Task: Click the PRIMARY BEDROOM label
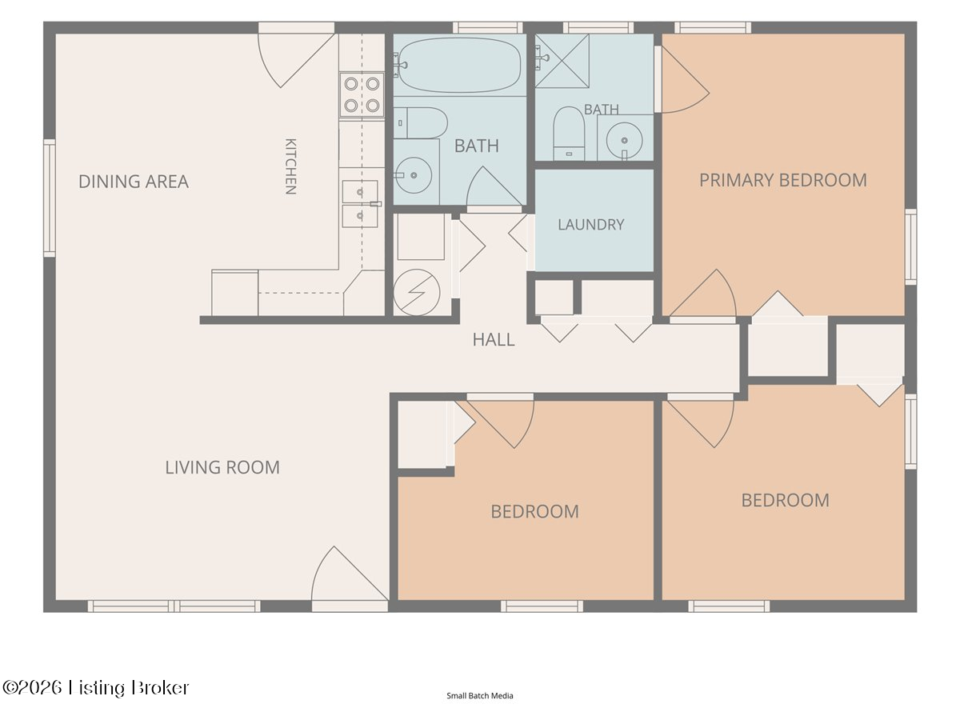coord(783,180)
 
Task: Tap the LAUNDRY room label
coord(591,225)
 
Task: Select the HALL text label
coord(494,340)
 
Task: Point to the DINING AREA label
coord(134,182)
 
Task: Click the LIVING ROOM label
coord(222,467)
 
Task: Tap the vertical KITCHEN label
coord(291,166)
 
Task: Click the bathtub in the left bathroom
coord(458,65)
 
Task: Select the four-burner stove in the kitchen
coord(362,94)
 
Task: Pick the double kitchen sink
coord(360,204)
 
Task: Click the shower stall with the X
coord(562,62)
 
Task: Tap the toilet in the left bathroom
coord(420,123)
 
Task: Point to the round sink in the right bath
coord(624,141)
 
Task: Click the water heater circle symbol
coord(416,292)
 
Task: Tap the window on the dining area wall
coord(50,198)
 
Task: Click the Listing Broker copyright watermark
coord(95,688)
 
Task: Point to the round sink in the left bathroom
coord(414,175)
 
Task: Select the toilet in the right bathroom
coord(569,133)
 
